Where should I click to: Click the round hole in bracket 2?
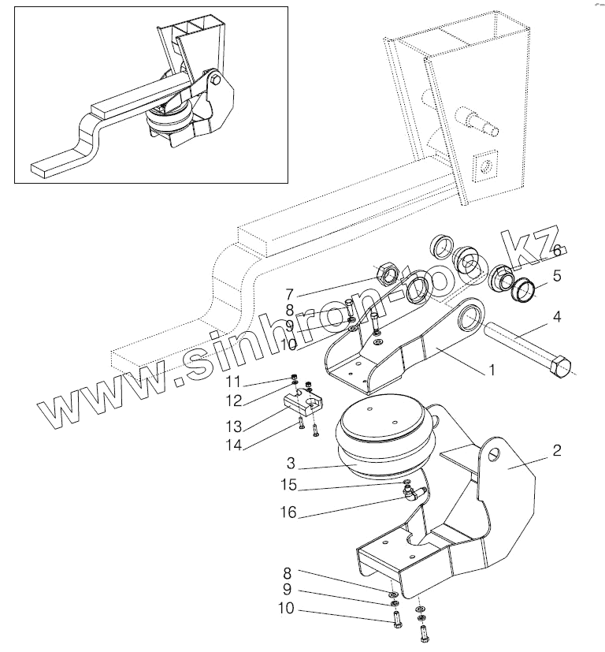pyautogui.click(x=492, y=455)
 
